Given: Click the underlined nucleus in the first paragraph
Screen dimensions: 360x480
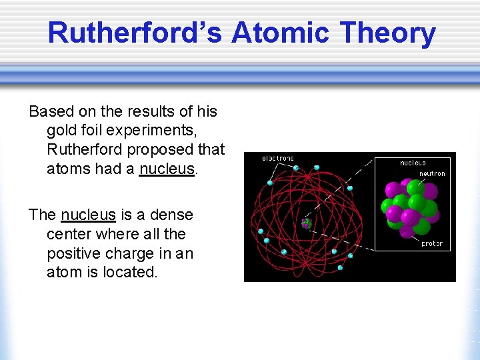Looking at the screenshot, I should pyautogui.click(x=167, y=169).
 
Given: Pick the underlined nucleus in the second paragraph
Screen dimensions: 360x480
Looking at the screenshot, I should pyautogui.click(x=88, y=215).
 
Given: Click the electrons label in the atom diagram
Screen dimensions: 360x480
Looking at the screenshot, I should pyautogui.click(x=278, y=159).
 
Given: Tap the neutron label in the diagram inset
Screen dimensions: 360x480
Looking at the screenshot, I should pyautogui.click(x=431, y=174).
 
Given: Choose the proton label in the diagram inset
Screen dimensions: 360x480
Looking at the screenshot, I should pyautogui.click(x=431, y=244).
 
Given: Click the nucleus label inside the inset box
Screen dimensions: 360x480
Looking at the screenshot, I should pyautogui.click(x=413, y=163).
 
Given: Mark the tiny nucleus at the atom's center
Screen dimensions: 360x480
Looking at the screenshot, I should pyautogui.click(x=306, y=223).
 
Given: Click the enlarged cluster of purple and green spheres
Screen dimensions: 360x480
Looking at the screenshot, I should pyautogui.click(x=409, y=208).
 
